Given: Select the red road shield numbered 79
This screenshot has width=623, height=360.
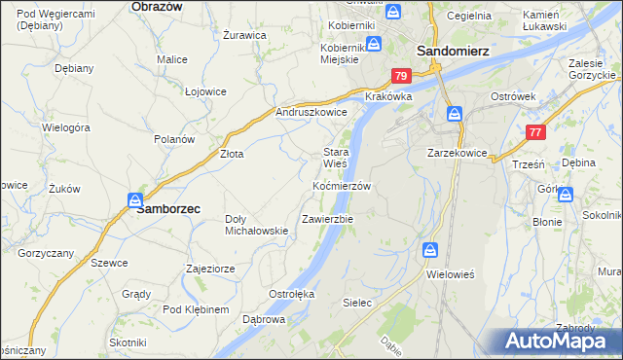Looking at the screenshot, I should point(400,76).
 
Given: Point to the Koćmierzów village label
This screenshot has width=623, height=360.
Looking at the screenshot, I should point(342,185).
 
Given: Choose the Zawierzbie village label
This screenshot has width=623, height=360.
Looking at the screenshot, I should point(327,219).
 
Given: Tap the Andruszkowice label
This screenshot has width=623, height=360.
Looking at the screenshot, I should point(311,112).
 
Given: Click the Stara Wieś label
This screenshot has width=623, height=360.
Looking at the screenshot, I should point(336,158).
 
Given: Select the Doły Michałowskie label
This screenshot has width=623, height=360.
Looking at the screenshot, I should point(256,225).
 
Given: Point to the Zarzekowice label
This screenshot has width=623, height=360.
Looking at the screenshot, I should point(458,153).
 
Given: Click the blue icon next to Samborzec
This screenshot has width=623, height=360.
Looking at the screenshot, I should point(134,199).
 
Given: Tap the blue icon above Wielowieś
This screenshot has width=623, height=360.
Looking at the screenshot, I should point(430,251).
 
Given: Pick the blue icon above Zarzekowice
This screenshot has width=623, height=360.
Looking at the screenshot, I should point(455,115).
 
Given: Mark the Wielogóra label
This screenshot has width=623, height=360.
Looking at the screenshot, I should point(66,127).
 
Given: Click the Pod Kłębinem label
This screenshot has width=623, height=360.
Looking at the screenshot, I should point(196,309).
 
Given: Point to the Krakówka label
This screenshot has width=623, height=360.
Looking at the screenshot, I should point(389,97).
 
